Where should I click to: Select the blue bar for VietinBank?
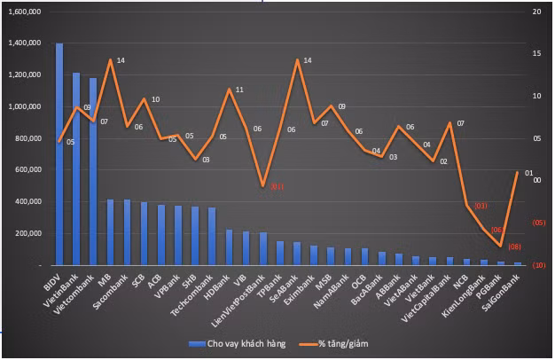[76, 168]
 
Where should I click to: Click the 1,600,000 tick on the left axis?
[24, 12]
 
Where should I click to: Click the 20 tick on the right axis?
[535, 12]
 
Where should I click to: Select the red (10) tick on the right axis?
[537, 265]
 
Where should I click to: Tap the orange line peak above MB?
[110, 60]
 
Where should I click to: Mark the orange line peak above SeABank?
[297, 60]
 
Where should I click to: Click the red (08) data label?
[514, 247]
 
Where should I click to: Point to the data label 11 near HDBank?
[239, 90]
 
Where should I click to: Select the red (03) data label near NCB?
[480, 207]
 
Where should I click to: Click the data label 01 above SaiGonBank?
[528, 173]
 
